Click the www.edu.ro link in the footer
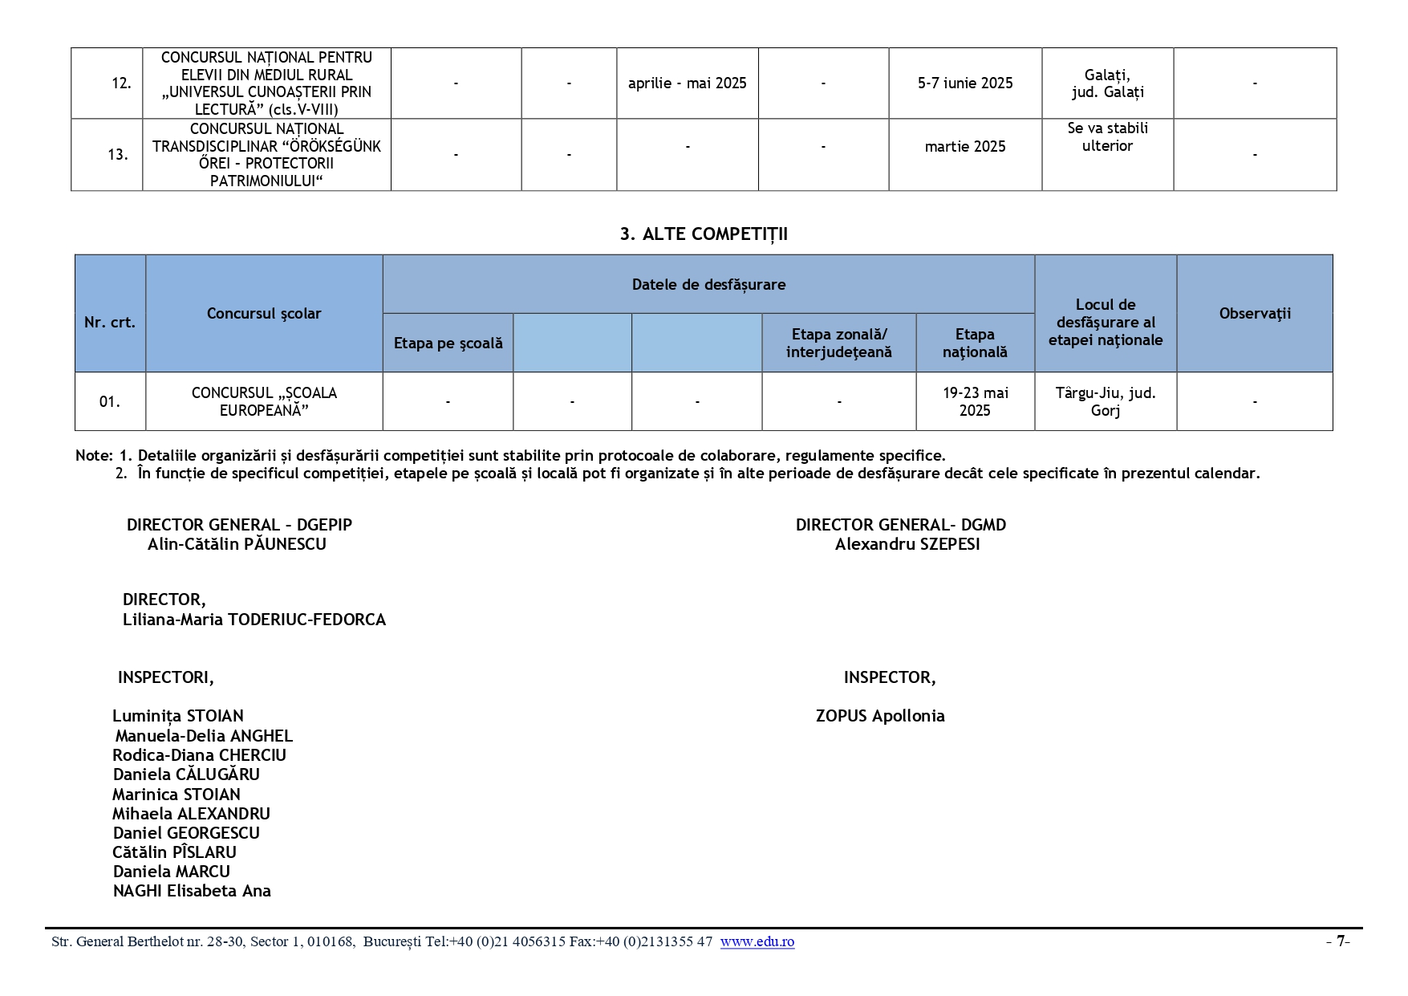(757, 941)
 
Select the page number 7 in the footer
(1339, 941)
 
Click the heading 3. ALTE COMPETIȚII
(704, 234)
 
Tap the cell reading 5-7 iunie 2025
(964, 83)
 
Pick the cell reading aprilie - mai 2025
(687, 83)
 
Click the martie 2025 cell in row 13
(964, 147)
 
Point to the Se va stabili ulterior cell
(1107, 137)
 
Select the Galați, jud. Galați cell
(1107, 83)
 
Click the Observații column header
(1254, 314)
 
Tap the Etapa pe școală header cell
(448, 344)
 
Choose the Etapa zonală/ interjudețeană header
(838, 344)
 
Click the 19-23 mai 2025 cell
(975, 401)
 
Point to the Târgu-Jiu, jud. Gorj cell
(1105, 401)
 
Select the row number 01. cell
(110, 401)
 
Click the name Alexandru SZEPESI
(907, 544)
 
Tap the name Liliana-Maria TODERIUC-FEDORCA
(254, 620)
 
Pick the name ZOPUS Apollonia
(880, 716)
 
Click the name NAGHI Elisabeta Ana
(192, 891)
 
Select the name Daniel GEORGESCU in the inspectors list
(186, 833)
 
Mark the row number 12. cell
(121, 83)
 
